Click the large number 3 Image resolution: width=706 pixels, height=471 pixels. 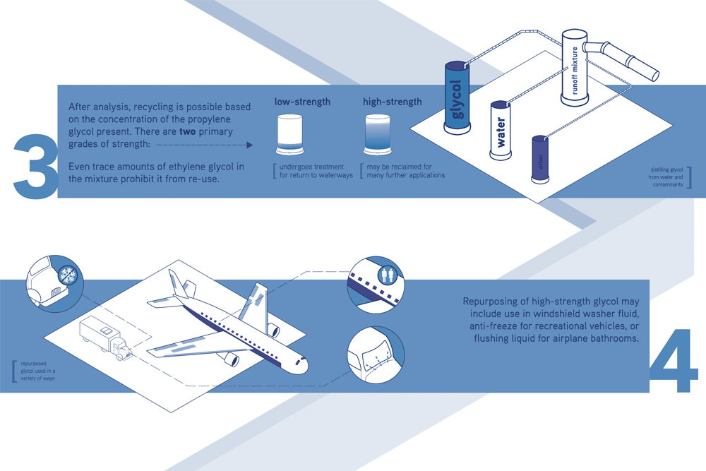36,166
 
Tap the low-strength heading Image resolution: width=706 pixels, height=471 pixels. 302,102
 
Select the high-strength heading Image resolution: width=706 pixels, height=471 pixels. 392,102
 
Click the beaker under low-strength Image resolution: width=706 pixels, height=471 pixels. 289,134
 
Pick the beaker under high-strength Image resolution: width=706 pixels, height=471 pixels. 377,134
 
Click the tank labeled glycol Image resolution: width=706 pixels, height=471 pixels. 457,97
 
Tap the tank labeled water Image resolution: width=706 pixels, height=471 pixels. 501,130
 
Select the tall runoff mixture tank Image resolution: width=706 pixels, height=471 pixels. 574,68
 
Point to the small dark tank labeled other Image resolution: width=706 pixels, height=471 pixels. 540,160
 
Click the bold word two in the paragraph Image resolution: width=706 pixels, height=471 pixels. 188,131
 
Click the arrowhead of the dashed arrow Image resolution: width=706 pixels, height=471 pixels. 250,145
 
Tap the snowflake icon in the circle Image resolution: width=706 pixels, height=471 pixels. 69,275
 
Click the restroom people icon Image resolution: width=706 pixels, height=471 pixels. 387,275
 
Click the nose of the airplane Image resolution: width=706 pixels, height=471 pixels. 303,364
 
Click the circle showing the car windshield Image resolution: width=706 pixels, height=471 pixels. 376,355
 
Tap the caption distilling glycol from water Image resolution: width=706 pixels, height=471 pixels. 666,177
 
